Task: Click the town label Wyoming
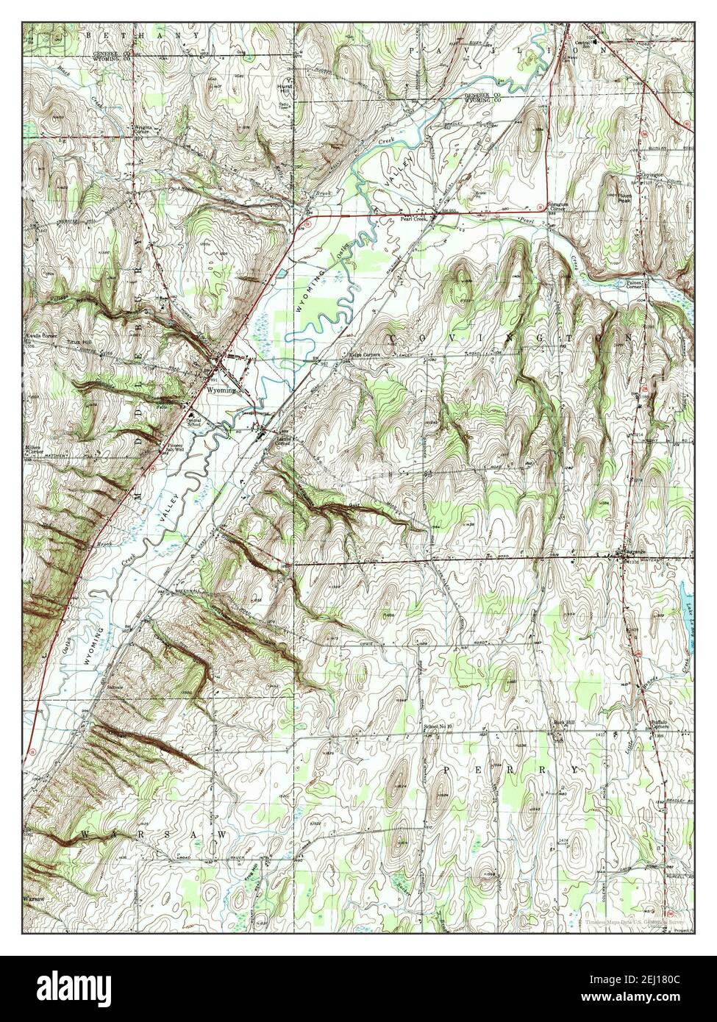221,390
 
